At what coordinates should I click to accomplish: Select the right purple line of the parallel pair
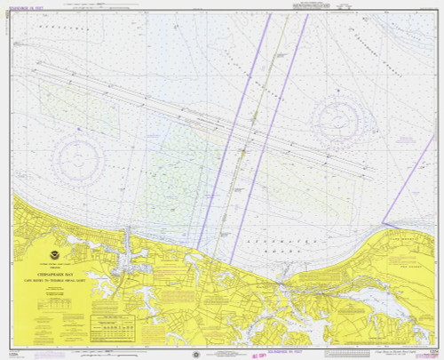click(275, 133)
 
